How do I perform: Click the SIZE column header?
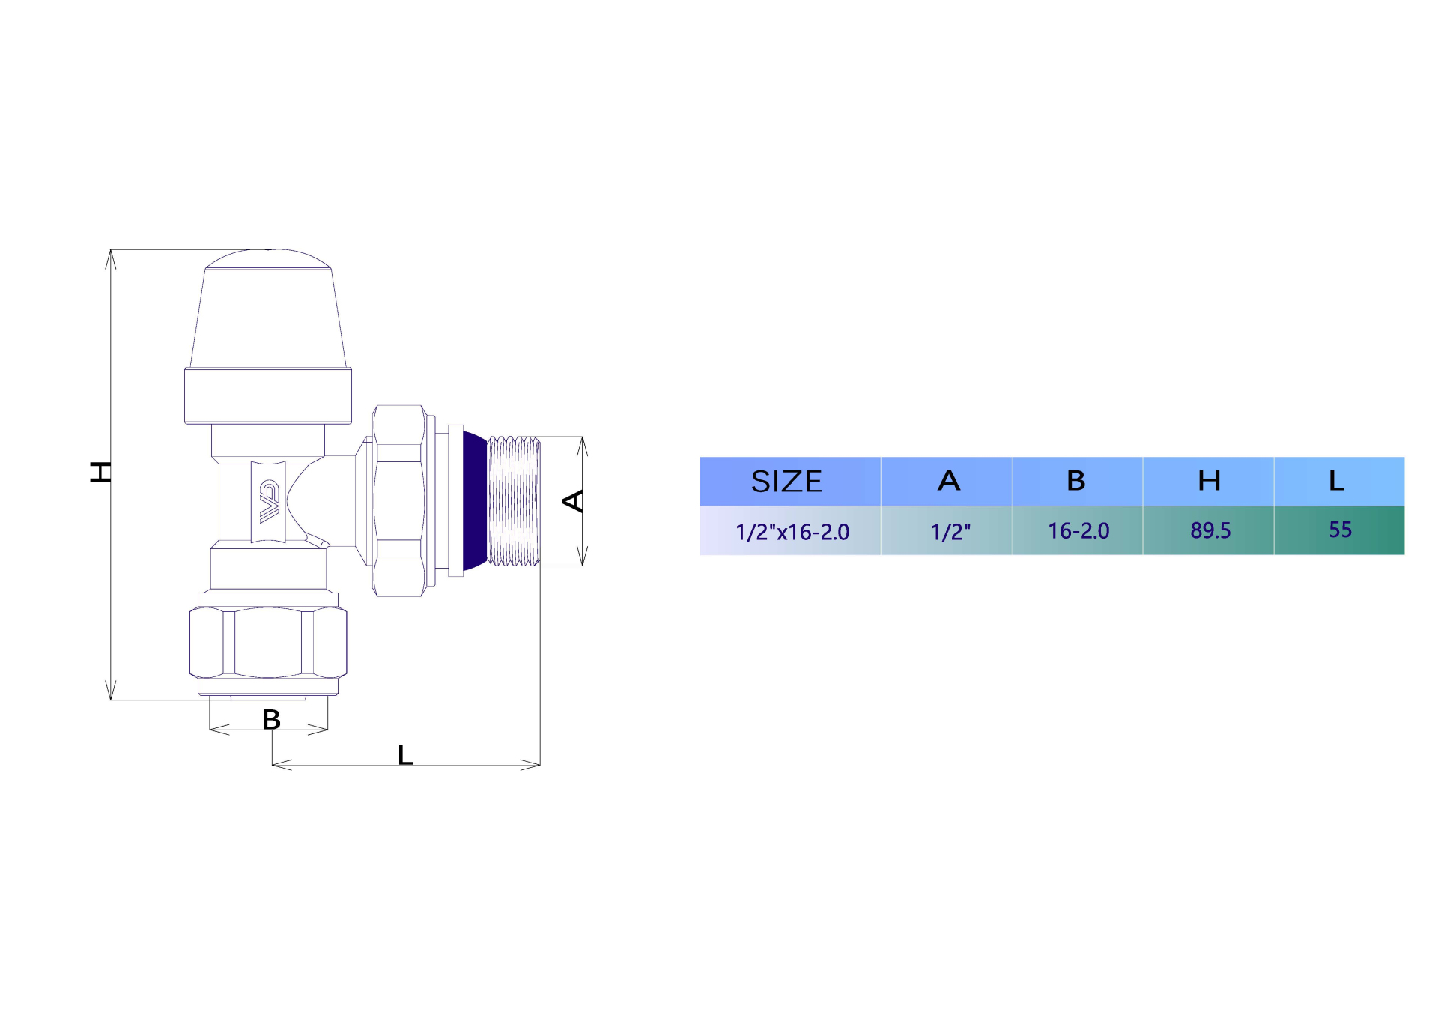[x=786, y=481]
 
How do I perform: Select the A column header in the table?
[x=948, y=480]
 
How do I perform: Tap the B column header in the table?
[x=1076, y=480]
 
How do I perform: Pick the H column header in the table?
[x=1209, y=480]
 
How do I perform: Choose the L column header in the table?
[x=1337, y=480]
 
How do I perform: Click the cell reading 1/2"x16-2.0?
[x=792, y=532]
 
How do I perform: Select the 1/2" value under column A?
[x=950, y=532]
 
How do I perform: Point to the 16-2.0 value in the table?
[x=1078, y=530]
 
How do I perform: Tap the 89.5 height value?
[x=1210, y=530]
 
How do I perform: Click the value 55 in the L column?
[x=1340, y=530]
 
